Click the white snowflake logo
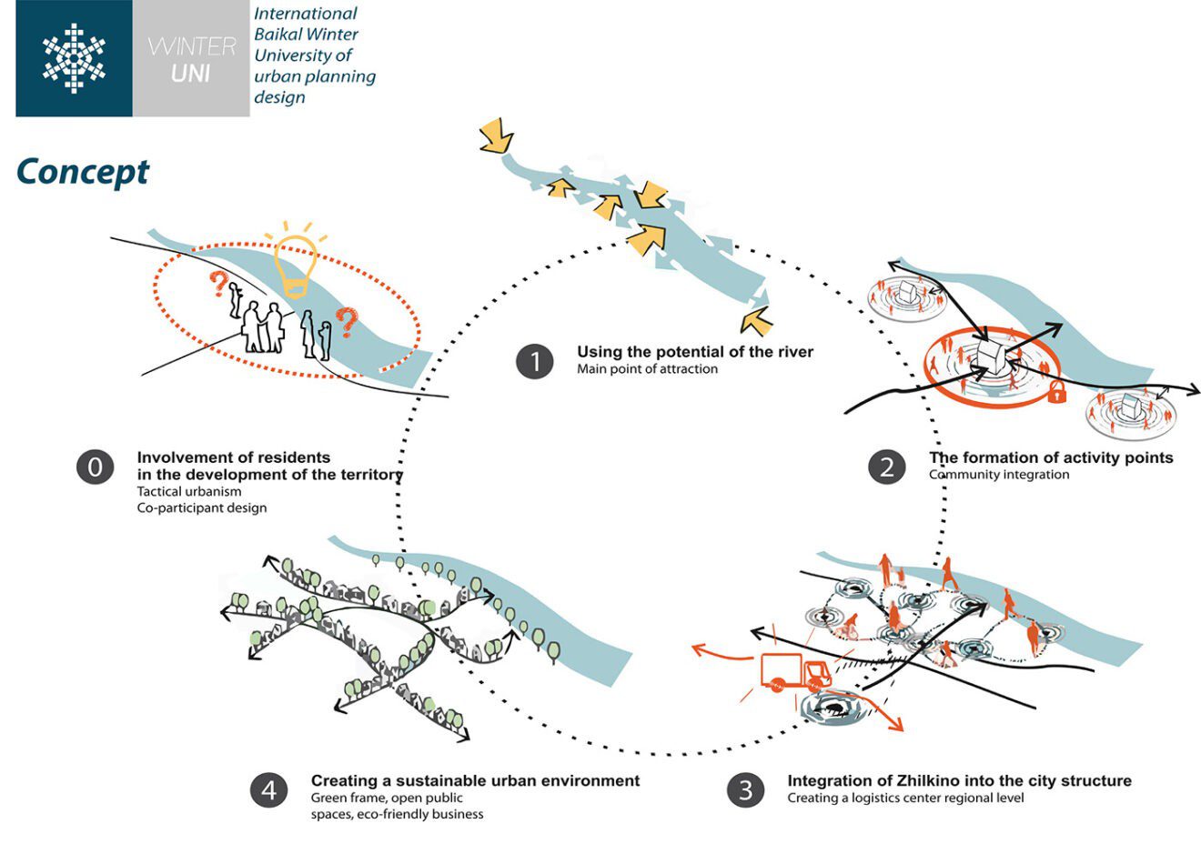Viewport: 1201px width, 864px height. click(x=74, y=58)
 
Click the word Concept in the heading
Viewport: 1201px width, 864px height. click(x=83, y=172)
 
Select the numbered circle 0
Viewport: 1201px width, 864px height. click(x=95, y=467)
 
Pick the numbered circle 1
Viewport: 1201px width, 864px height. click(x=534, y=361)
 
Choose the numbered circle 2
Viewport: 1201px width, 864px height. click(x=886, y=467)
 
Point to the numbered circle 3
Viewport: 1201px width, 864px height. click(x=745, y=790)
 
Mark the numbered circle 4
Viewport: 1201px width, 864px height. click(x=268, y=790)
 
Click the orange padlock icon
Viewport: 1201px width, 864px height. click(x=1056, y=392)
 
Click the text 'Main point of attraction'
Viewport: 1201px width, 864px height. click(x=647, y=369)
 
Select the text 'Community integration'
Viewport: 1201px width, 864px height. click(x=999, y=475)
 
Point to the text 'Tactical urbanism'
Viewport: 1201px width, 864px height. click(x=189, y=491)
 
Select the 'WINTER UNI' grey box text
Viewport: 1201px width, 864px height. click(x=191, y=59)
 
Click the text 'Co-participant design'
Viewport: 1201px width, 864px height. click(x=202, y=507)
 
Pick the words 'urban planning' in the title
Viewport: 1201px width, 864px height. click(x=315, y=76)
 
